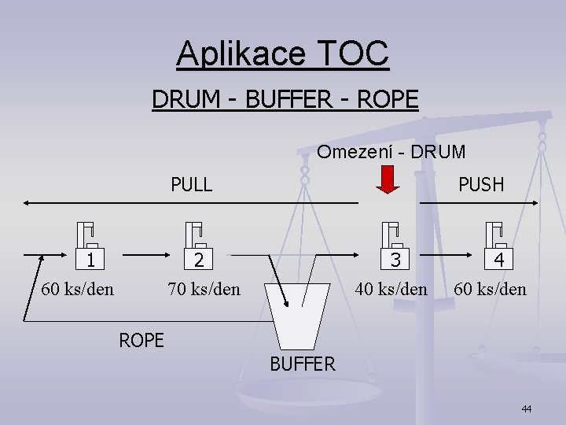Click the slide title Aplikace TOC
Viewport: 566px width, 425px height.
pyautogui.click(x=283, y=54)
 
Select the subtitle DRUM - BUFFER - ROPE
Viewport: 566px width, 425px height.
pyautogui.click(x=285, y=100)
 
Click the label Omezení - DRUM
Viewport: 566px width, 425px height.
pyautogui.click(x=391, y=151)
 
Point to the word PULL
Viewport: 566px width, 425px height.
pyautogui.click(x=192, y=184)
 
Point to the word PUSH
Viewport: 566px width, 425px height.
pyautogui.click(x=480, y=184)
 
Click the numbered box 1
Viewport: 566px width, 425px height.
pyautogui.click(x=92, y=260)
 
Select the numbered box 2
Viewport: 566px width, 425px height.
pyautogui.click(x=200, y=260)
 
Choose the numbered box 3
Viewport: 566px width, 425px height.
pyautogui.click(x=396, y=260)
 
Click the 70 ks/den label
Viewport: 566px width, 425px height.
pyautogui.click(x=204, y=289)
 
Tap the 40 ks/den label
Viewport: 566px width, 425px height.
pyautogui.click(x=391, y=289)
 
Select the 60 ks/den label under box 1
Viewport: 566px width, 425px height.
pyautogui.click(x=77, y=289)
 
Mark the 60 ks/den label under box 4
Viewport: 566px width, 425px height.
pyautogui.click(x=490, y=289)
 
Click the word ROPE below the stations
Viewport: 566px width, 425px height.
pyautogui.click(x=141, y=340)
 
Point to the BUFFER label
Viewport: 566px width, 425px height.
pyautogui.click(x=303, y=364)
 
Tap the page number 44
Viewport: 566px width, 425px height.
pyautogui.click(x=526, y=408)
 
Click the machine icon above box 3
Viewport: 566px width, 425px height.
pyautogui.click(x=390, y=234)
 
